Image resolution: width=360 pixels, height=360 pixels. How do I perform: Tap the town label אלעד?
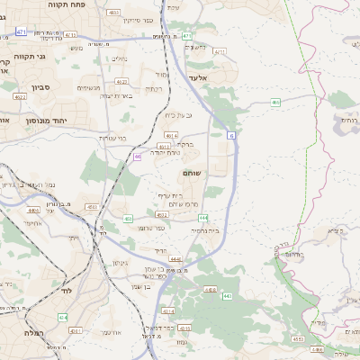tap(198, 78)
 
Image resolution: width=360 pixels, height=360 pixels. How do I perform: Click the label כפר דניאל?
tap(188, 328)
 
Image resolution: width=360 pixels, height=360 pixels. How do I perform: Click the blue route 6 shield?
tap(232, 135)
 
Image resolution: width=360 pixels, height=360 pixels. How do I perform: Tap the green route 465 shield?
tap(275, 103)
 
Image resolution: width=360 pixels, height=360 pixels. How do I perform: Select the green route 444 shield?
tap(204, 217)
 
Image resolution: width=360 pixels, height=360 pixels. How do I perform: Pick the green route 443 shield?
tap(226, 295)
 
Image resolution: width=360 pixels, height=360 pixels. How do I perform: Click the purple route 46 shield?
tap(138, 157)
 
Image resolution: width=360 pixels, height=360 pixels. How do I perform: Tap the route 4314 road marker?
tap(211, 290)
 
